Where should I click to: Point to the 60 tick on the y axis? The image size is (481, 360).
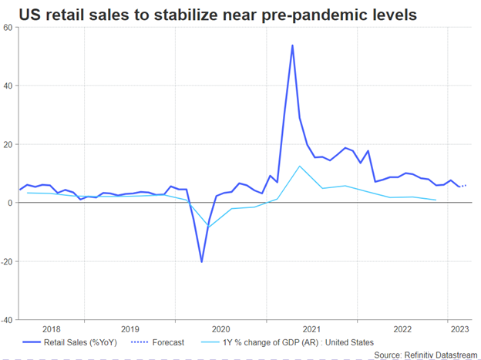point(8,27)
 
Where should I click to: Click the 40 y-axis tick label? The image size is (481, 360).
point(8,86)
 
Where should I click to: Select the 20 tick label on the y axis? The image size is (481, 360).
point(8,144)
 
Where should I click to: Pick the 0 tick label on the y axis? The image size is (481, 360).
point(11,203)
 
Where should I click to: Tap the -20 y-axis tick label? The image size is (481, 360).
point(7,261)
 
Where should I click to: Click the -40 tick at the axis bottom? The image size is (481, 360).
point(7,319)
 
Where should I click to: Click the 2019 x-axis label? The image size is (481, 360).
point(130,328)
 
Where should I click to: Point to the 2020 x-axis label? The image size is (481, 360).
point(221,328)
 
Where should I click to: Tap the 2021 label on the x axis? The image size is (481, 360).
point(312,328)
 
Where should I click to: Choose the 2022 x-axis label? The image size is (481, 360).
point(402,328)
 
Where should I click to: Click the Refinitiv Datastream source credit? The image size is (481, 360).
point(425,354)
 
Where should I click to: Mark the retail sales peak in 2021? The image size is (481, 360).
point(292,45)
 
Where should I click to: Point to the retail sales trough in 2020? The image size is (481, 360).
point(202,262)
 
